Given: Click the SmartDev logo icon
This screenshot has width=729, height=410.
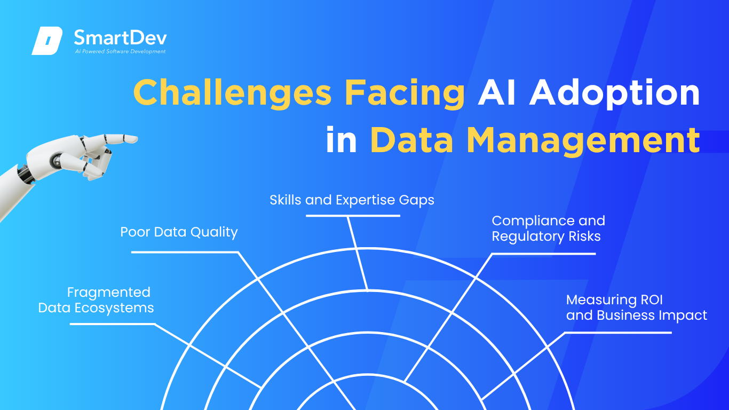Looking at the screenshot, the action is coord(47,41).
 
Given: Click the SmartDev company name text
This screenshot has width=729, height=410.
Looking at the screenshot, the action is coord(120,37).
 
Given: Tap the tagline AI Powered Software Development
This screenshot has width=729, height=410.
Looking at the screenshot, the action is coord(120,51).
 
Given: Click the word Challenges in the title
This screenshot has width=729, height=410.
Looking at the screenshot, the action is coord(232,94).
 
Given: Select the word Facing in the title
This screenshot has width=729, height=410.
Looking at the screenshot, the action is coord(405,94).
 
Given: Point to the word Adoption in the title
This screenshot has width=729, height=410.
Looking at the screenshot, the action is coord(614,94).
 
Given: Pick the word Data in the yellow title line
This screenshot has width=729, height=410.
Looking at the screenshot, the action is coord(411,140).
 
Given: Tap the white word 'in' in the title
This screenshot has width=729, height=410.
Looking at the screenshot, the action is coord(342,139).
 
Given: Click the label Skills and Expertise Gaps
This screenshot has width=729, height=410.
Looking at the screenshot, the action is coord(352,200).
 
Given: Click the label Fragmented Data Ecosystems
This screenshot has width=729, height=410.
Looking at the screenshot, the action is coord(96,300).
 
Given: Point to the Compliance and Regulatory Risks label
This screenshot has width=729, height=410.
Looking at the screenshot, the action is coord(549,228).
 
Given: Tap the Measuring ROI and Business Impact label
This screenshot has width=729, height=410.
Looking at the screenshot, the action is coord(637,307).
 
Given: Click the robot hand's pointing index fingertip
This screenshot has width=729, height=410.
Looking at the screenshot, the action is coord(134,139).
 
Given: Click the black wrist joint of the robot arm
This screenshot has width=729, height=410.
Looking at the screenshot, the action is coord(26,175).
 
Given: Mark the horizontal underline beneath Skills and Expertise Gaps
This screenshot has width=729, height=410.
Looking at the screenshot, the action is coord(353,216).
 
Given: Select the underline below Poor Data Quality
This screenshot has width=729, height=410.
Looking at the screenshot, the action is coord(185,252).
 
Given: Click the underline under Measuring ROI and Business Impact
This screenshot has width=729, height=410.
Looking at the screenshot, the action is coord(617,333).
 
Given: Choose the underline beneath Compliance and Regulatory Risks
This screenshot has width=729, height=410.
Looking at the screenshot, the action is coord(543,254).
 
